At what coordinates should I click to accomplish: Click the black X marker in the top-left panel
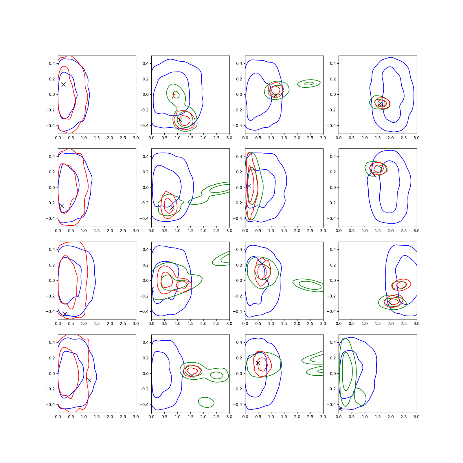point(63,84)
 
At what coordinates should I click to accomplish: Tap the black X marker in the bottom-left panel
point(89,380)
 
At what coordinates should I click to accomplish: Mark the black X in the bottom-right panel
point(340,409)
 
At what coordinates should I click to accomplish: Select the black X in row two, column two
point(172,207)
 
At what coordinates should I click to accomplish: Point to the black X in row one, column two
point(180,120)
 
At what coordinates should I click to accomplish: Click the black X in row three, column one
point(65,314)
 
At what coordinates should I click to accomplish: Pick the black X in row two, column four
point(374,175)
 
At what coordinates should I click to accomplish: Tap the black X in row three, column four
point(390,303)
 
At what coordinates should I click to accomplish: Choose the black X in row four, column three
point(258,363)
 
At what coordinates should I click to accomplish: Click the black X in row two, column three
point(249,186)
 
